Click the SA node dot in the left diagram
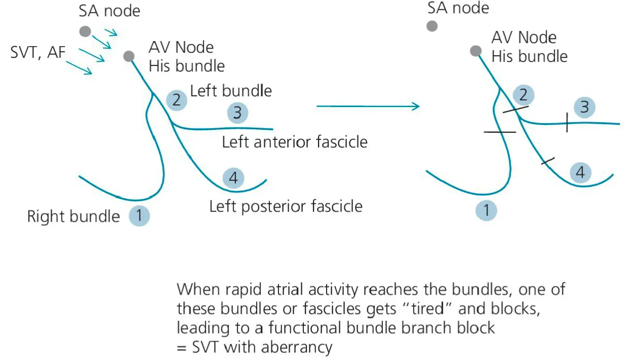[85, 31]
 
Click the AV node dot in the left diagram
[129, 56]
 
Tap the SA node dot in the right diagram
[432, 26]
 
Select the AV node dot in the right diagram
[475, 51]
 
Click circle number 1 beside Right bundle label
[139, 217]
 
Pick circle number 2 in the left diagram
[176, 99]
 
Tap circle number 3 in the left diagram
[237, 113]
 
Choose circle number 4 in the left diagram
[233, 178]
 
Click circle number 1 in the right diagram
[487, 210]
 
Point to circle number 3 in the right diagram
[584, 107]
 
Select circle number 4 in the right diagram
[580, 172]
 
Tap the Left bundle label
[231, 91]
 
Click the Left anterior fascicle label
[295, 141]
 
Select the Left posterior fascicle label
[286, 206]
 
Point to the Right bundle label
[74, 217]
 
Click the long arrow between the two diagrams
[368, 106]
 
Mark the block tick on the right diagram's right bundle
[500, 132]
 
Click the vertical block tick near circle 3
[566, 123]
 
